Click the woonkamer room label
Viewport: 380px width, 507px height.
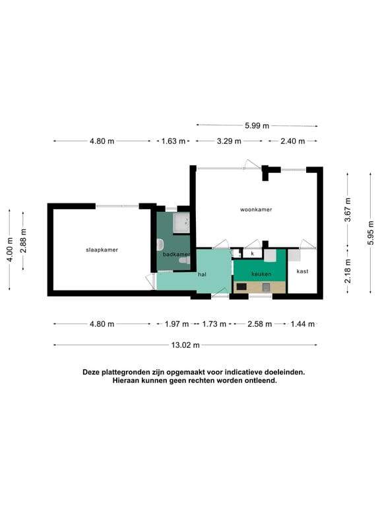[256, 209]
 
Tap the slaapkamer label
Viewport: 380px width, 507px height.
[102, 250]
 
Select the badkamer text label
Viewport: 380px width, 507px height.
[176, 254]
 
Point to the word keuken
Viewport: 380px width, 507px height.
[261, 274]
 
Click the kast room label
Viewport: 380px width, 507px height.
[302, 271]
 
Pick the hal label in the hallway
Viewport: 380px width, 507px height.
[203, 275]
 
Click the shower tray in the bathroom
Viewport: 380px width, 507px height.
[181, 222]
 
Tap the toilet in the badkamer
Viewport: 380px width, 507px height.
[185, 260]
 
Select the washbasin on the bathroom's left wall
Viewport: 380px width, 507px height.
[160, 245]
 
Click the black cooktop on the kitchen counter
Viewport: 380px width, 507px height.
[241, 287]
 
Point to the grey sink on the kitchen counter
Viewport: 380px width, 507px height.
[266, 287]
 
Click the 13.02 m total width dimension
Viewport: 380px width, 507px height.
[185, 345]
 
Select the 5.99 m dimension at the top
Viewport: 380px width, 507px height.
[257, 125]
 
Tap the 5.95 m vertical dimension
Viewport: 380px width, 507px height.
[370, 233]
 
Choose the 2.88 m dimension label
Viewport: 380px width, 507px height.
[23, 240]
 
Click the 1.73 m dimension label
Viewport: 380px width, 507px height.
[214, 324]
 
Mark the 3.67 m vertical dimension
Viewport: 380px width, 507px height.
[348, 209]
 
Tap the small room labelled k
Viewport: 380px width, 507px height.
[253, 253]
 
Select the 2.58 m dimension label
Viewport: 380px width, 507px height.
[260, 324]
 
